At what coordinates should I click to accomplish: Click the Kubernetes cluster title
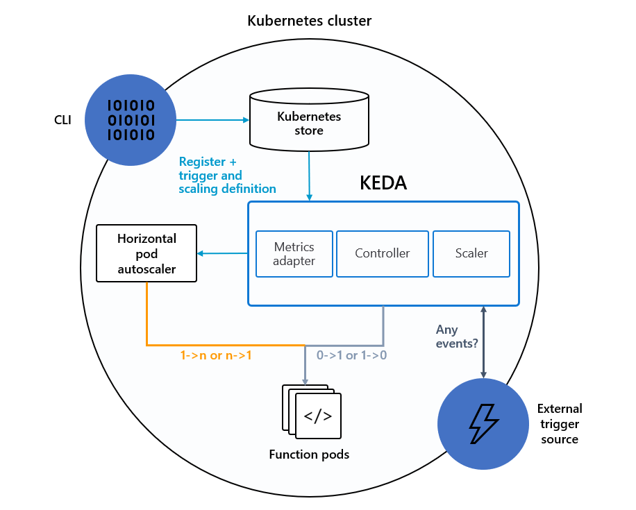[x=309, y=21]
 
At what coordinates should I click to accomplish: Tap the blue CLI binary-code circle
[x=130, y=120]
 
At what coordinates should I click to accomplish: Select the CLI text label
[x=62, y=120]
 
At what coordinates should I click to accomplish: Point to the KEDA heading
[x=383, y=183]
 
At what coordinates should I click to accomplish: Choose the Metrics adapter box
[x=294, y=254]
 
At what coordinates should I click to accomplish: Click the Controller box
[x=383, y=254]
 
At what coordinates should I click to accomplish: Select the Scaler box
[x=471, y=254]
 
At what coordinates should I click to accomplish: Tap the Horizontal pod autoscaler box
[x=147, y=253]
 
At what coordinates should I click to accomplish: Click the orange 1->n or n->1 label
[x=216, y=355]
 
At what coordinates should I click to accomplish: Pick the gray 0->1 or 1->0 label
[x=351, y=355]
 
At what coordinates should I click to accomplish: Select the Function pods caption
[x=309, y=455]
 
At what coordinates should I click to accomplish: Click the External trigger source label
[x=560, y=424]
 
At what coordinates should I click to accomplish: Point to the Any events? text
[x=452, y=337]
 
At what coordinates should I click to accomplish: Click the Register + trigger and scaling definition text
[x=227, y=174]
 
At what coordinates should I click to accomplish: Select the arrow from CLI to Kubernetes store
[x=212, y=120]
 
